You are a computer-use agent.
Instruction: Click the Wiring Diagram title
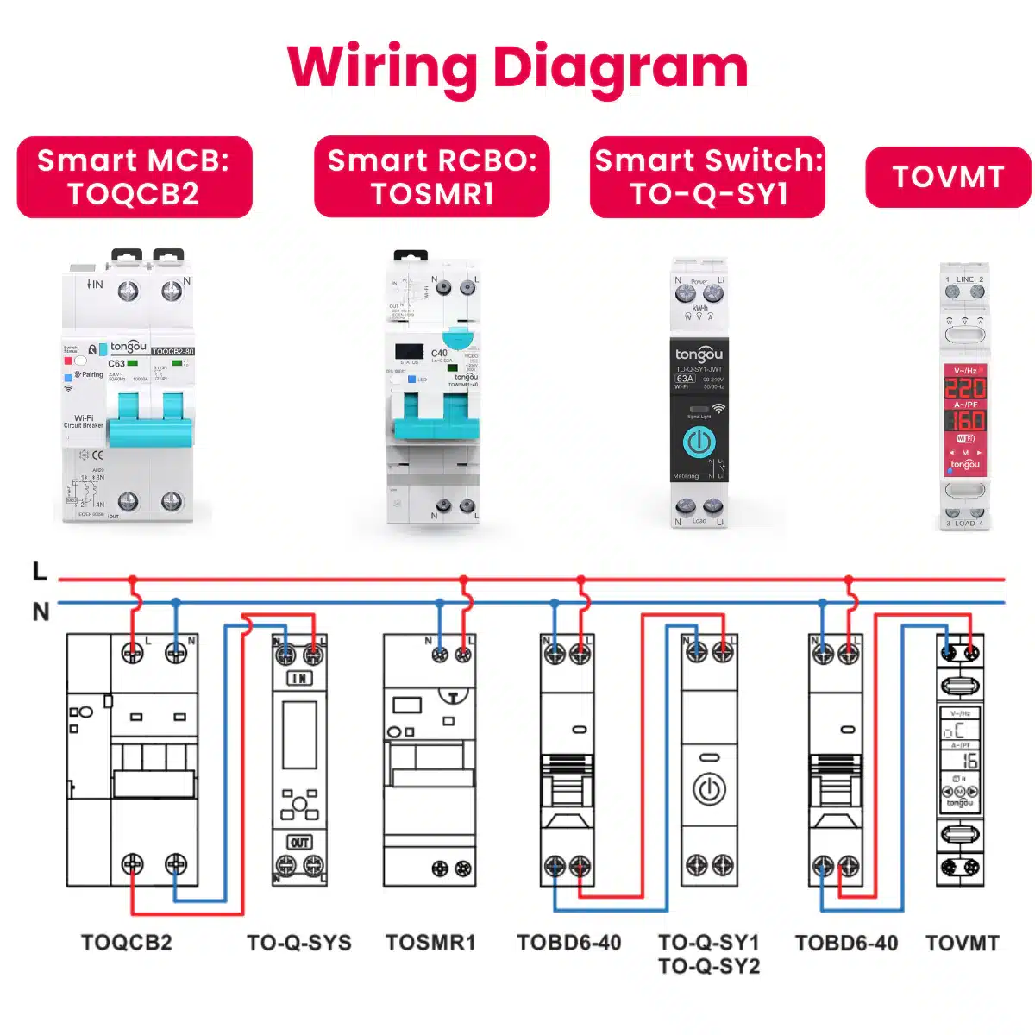click(x=517, y=67)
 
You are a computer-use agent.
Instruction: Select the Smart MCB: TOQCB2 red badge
click(x=135, y=177)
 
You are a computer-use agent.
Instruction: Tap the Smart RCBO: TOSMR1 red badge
click(x=432, y=177)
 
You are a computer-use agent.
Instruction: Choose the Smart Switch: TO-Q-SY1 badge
click(x=708, y=177)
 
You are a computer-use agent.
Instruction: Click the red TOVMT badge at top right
click(x=948, y=177)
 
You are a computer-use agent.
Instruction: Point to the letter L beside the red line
click(x=40, y=572)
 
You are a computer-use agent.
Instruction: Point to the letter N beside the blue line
click(x=41, y=612)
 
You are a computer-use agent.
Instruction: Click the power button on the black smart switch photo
click(x=699, y=442)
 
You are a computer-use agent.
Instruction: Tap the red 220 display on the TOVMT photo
click(x=965, y=388)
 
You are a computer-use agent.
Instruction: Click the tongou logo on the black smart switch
click(x=699, y=354)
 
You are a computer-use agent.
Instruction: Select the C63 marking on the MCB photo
click(x=116, y=363)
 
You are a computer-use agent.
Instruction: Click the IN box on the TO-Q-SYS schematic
click(x=299, y=679)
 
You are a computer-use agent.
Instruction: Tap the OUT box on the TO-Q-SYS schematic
click(x=299, y=843)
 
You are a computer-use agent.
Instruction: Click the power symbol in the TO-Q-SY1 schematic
click(x=709, y=789)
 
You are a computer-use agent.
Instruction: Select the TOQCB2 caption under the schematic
click(x=127, y=943)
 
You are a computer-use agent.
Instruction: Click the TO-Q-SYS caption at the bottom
click(x=299, y=943)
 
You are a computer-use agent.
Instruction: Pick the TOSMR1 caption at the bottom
click(x=430, y=943)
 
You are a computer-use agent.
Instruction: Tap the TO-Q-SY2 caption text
click(x=709, y=966)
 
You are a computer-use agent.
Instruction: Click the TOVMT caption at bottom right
click(x=962, y=943)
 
